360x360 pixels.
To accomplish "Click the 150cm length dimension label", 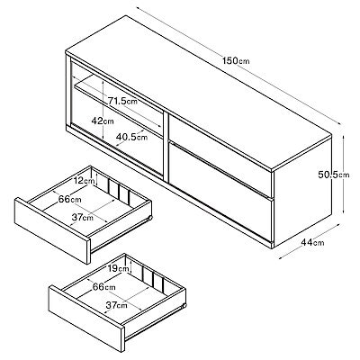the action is [x=236, y=61].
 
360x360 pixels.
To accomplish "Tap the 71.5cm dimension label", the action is [x=122, y=101].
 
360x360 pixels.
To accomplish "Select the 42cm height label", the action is [x=103, y=121].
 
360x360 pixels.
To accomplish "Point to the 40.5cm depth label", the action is [x=132, y=137].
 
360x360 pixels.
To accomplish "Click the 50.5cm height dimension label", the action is [x=334, y=175].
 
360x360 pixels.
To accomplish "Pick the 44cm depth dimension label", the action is [x=313, y=242].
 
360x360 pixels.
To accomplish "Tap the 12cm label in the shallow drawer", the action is [x=85, y=181].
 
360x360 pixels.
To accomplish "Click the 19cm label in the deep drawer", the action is [x=119, y=268].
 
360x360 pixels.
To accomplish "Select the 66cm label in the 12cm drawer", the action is [x=70, y=199].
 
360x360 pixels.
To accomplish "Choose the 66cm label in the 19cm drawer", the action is [x=103, y=287].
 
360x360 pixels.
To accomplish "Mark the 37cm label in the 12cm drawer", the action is [x=83, y=217].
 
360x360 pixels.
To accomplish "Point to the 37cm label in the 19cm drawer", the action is [x=116, y=305].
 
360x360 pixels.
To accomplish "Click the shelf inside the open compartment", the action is [x=119, y=105].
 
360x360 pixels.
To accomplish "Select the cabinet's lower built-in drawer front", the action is [x=220, y=192].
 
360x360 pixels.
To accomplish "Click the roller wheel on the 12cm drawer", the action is [x=150, y=218].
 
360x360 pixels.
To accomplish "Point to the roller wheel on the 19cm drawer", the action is [x=184, y=305].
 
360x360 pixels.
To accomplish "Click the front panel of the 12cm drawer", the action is [x=52, y=230].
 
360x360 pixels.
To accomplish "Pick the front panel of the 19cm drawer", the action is [x=86, y=319].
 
